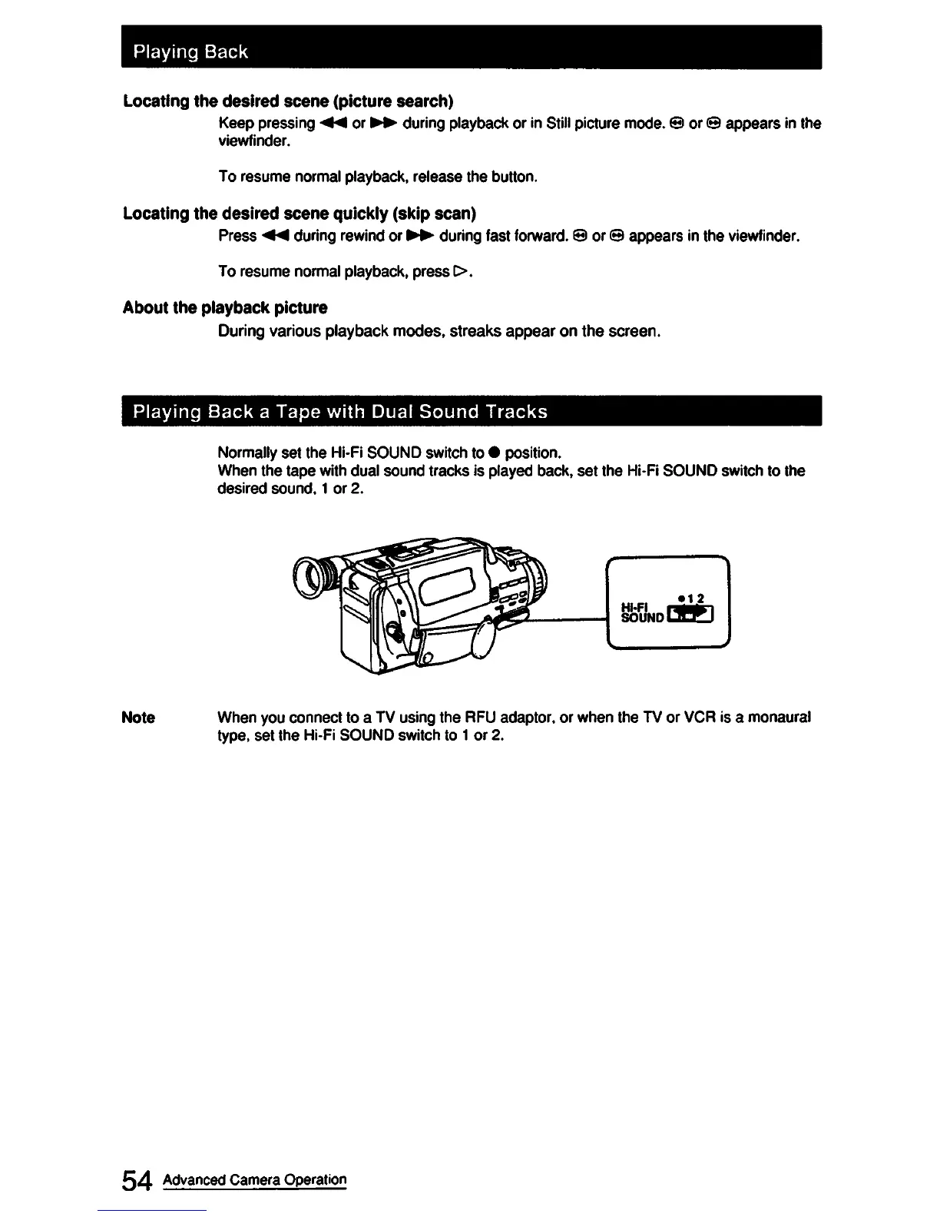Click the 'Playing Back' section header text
pyautogui.click(x=190, y=51)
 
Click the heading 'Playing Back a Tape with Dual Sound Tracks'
pyautogui.click(x=340, y=412)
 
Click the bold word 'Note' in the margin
pyautogui.click(x=138, y=718)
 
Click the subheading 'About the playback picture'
pyautogui.click(x=225, y=308)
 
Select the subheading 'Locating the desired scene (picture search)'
pyautogui.click(x=288, y=101)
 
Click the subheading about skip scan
pyautogui.click(x=299, y=213)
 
